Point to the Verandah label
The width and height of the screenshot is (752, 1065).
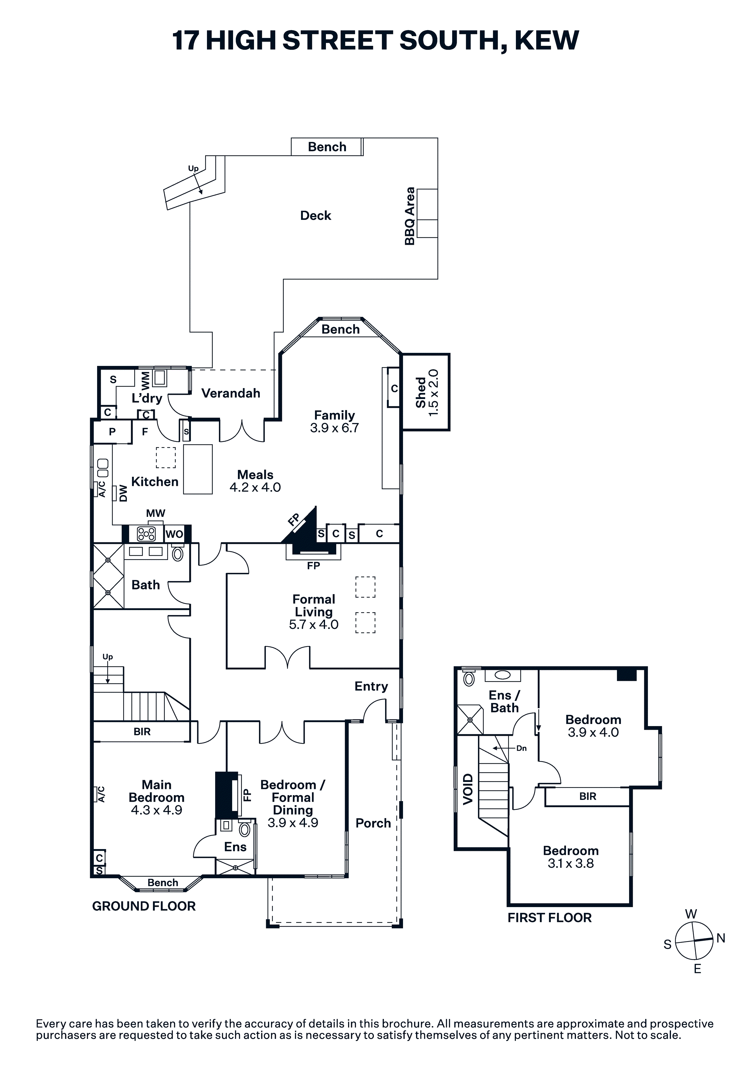click(230, 393)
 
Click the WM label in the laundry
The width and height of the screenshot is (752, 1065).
click(146, 380)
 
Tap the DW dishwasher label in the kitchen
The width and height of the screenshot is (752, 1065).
click(123, 493)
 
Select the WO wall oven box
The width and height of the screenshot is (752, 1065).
click(174, 534)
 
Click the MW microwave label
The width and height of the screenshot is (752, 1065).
click(155, 513)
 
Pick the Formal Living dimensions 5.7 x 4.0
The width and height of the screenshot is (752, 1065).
click(313, 624)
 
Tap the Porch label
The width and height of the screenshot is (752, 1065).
click(373, 823)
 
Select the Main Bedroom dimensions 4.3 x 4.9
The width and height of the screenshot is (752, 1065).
click(156, 810)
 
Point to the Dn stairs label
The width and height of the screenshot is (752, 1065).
click(522, 748)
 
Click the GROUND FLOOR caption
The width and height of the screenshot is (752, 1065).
click(144, 906)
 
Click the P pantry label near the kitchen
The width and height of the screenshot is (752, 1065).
click(112, 432)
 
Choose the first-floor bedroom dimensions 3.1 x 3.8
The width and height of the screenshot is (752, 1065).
click(571, 863)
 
